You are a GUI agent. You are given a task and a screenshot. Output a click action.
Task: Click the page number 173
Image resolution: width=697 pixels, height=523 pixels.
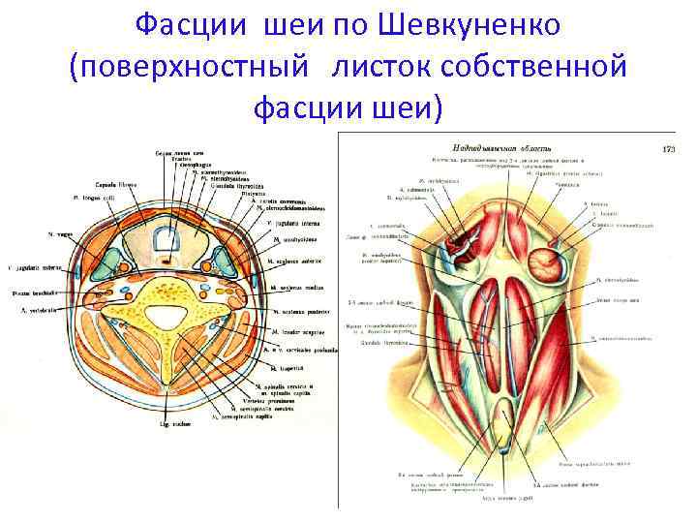667,149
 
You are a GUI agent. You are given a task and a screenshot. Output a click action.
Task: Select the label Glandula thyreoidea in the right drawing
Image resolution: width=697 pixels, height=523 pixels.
379,342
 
